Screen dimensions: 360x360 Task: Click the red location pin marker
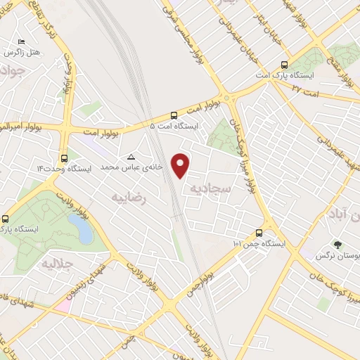181,165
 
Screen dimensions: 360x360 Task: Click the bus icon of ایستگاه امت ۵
174,115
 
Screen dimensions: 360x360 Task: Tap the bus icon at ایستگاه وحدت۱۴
65,158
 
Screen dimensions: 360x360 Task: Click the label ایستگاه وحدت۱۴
52,169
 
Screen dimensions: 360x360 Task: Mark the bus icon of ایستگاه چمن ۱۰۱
259,233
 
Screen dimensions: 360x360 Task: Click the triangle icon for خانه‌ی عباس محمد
131,157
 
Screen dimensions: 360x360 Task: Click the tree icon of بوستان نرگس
339,246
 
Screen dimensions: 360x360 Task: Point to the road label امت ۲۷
305,90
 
